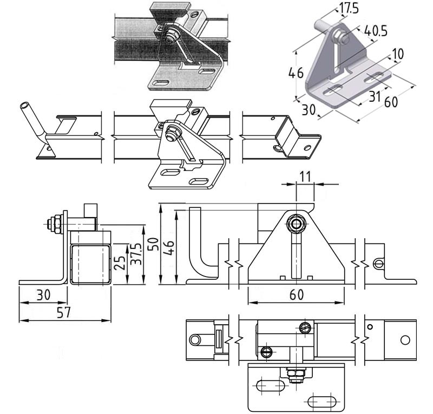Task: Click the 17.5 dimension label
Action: tap(349, 8)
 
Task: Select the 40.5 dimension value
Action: tap(376, 31)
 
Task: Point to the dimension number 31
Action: tap(375, 96)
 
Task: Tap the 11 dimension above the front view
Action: tap(305, 177)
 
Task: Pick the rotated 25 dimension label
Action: tap(120, 263)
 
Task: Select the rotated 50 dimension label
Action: tap(154, 244)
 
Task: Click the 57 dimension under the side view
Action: tap(64, 312)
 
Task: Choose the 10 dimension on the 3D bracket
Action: tap(398, 54)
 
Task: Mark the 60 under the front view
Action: tap(297, 295)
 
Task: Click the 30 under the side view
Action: tap(44, 295)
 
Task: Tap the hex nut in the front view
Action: tap(296, 224)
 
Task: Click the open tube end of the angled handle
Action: tap(24, 106)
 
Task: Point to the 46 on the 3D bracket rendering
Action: tap(296, 73)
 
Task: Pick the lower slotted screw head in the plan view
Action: tap(266, 352)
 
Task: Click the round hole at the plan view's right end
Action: tap(405, 340)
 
